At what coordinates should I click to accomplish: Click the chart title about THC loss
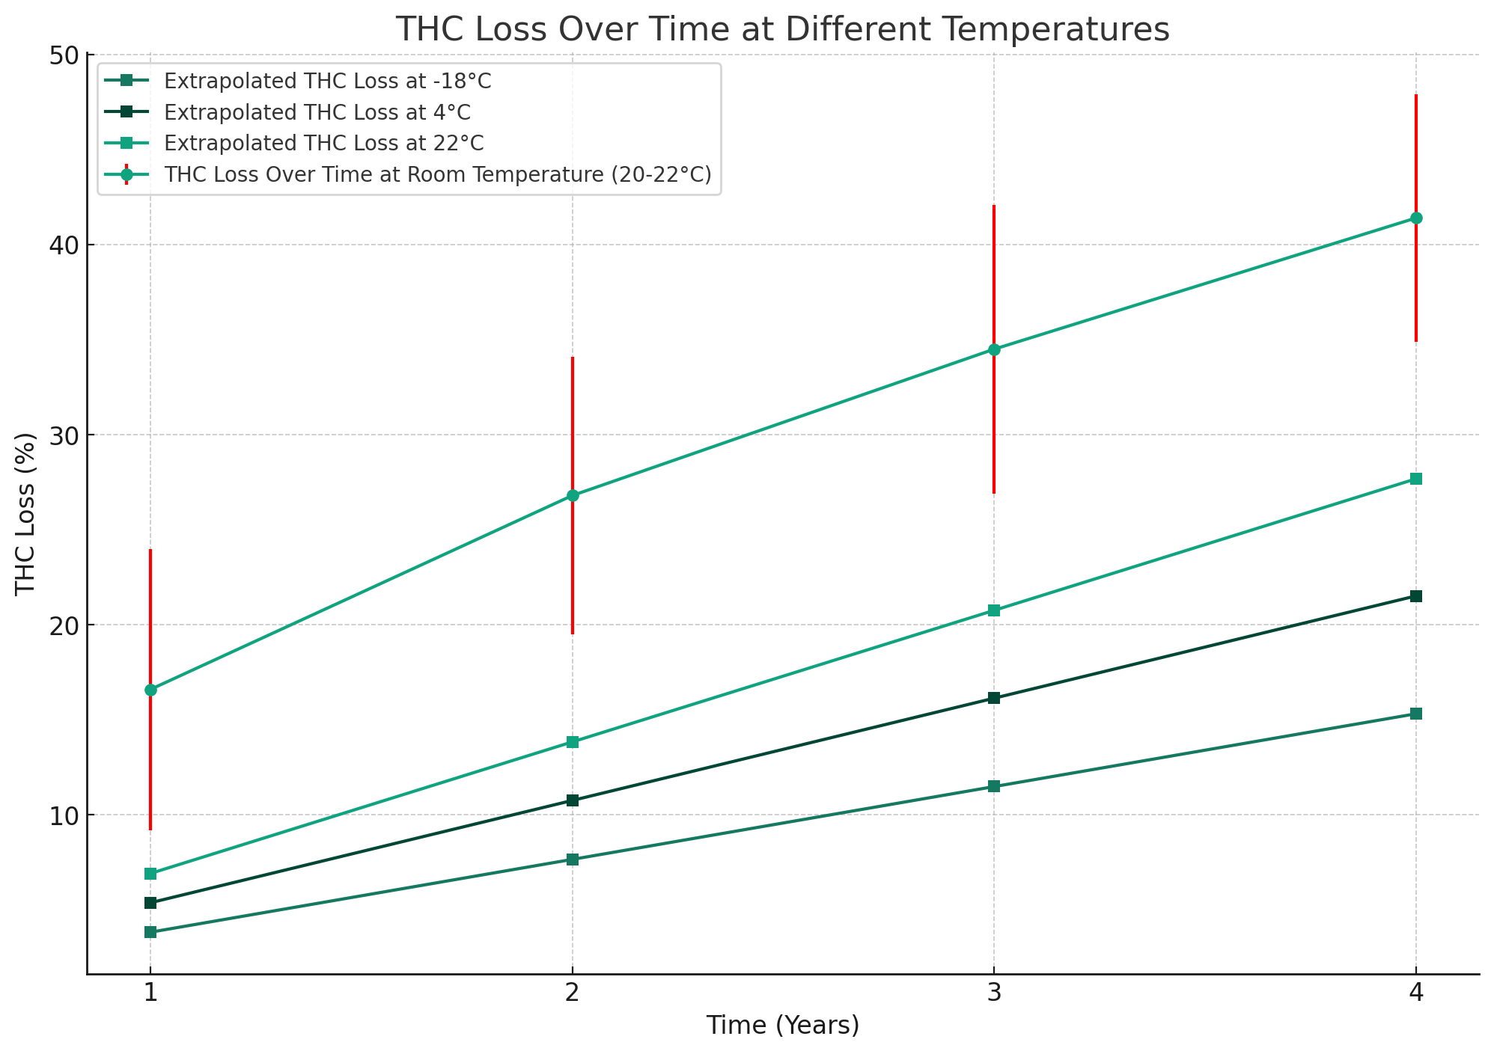[x=782, y=30]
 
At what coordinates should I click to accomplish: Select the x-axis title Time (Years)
[x=782, y=1025]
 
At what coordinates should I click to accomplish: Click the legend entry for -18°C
[x=328, y=81]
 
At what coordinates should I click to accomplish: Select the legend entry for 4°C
[x=317, y=112]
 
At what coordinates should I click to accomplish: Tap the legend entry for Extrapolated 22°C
[x=323, y=143]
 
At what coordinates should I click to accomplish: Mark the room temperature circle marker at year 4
[x=1415, y=218]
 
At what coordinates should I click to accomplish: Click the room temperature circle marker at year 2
[x=573, y=495]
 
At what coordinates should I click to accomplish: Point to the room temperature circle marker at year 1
[x=150, y=690]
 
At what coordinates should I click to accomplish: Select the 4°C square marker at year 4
[x=1415, y=596]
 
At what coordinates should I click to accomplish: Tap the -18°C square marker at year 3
[x=993, y=786]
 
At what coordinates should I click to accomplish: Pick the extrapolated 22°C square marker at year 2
[x=573, y=742]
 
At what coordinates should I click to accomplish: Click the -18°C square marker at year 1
[x=150, y=932]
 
